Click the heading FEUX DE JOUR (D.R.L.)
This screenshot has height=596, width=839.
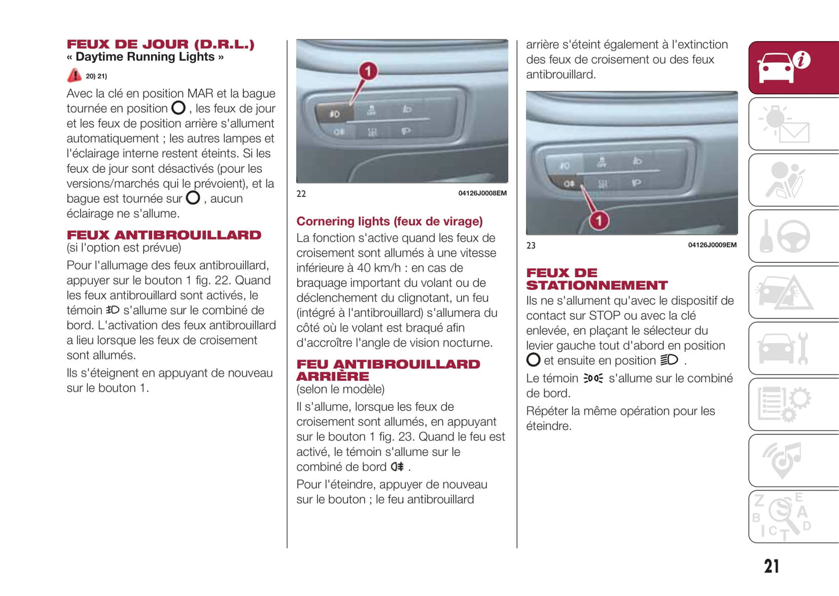[160, 44]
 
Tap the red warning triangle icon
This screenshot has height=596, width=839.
[74, 76]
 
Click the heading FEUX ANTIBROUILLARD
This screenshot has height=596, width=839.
[164, 235]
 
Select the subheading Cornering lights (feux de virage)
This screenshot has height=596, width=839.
[389, 221]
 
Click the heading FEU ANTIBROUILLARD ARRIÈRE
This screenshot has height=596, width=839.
[388, 370]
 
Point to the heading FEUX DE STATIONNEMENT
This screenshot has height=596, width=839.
[596, 279]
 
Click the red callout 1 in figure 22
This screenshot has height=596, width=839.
[368, 71]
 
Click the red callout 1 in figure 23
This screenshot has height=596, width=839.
[599, 221]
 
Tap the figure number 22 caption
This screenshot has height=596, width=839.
[301, 194]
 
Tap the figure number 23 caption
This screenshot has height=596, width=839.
[531, 246]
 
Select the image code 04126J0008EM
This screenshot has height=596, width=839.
[482, 193]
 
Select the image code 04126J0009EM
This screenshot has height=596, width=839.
[712, 245]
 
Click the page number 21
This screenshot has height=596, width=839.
[772, 566]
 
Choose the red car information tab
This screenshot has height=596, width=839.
[793, 67]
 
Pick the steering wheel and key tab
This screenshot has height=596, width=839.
[793, 236]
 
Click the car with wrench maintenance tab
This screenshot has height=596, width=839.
[793, 349]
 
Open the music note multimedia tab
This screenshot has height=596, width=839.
[793, 460]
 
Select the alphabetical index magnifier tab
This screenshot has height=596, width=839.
[793, 516]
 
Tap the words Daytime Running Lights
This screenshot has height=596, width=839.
[145, 57]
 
